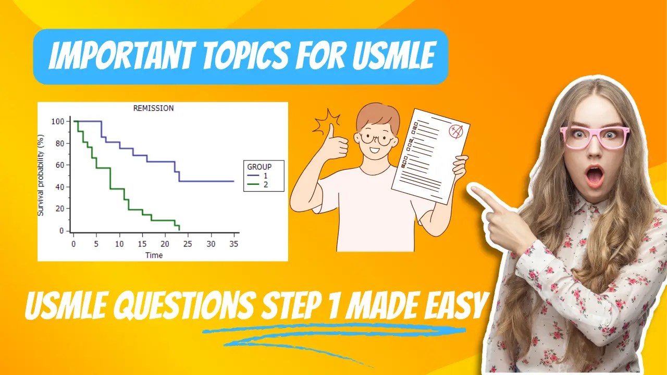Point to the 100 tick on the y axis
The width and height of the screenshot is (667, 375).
coord(57,121)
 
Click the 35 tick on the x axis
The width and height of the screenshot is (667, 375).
coord(233,244)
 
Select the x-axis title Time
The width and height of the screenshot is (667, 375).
coord(154,255)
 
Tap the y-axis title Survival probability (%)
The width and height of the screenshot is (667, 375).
coord(41,175)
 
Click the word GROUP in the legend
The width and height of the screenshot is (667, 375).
coord(259,167)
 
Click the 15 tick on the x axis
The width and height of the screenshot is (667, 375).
coord(142,244)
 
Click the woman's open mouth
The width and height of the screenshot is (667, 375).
coord(595,176)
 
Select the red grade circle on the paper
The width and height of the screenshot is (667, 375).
coord(456,131)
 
